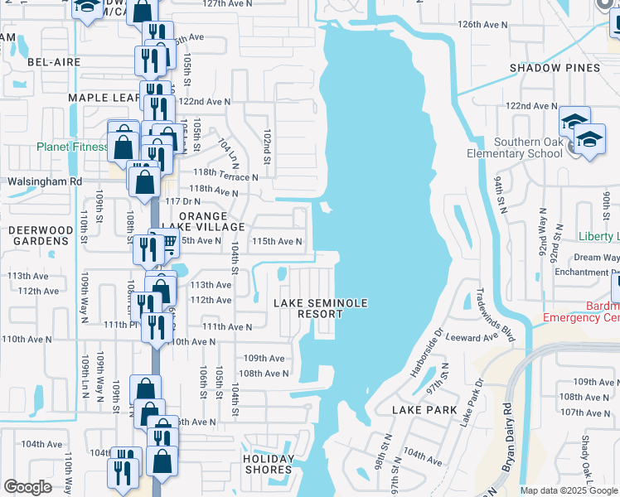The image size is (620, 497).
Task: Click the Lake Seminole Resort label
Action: click(x=321, y=309)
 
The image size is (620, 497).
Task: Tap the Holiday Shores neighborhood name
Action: click(x=269, y=464)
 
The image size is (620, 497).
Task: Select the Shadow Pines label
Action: click(x=548, y=68)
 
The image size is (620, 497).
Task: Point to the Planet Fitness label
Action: click(x=72, y=147)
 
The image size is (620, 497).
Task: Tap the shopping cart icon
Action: click(x=168, y=242)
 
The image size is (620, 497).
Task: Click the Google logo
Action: click(x=27, y=487)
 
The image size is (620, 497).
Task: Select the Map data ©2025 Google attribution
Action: click(x=569, y=490)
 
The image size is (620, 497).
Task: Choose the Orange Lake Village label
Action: click(x=200, y=221)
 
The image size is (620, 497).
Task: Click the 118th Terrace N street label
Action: click(x=225, y=176)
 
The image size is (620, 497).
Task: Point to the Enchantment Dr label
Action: click(x=588, y=272)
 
